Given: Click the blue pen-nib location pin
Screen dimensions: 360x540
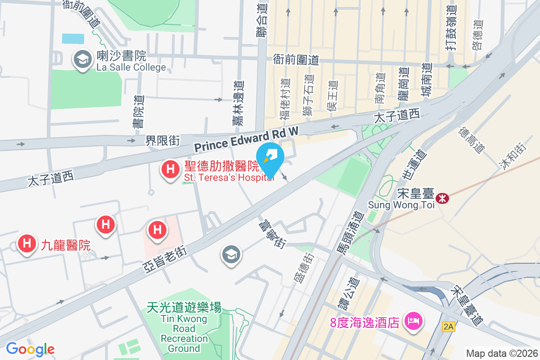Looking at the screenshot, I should pyautogui.click(x=270, y=158).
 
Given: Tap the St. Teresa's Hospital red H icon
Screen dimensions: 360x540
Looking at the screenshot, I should pyautogui.click(x=171, y=170).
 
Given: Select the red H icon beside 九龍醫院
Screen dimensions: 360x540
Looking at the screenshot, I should pyautogui.click(x=27, y=244).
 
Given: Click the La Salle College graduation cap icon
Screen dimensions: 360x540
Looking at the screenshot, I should pyautogui.click(x=82, y=59).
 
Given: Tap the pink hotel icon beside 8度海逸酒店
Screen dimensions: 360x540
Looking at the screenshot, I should pyautogui.click(x=412, y=322).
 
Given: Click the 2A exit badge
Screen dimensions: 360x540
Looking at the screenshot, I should pyautogui.click(x=448, y=327).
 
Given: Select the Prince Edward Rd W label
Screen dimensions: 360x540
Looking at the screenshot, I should pyautogui.click(x=246, y=139).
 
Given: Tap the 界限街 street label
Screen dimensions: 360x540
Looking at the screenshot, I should pyautogui.click(x=162, y=141).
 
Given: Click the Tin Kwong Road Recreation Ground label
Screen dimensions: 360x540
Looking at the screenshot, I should pyautogui.click(x=184, y=327).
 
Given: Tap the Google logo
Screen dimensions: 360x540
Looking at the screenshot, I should pyautogui.click(x=30, y=349).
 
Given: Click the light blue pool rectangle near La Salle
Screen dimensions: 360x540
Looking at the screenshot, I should pyautogui.click(x=73, y=39).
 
